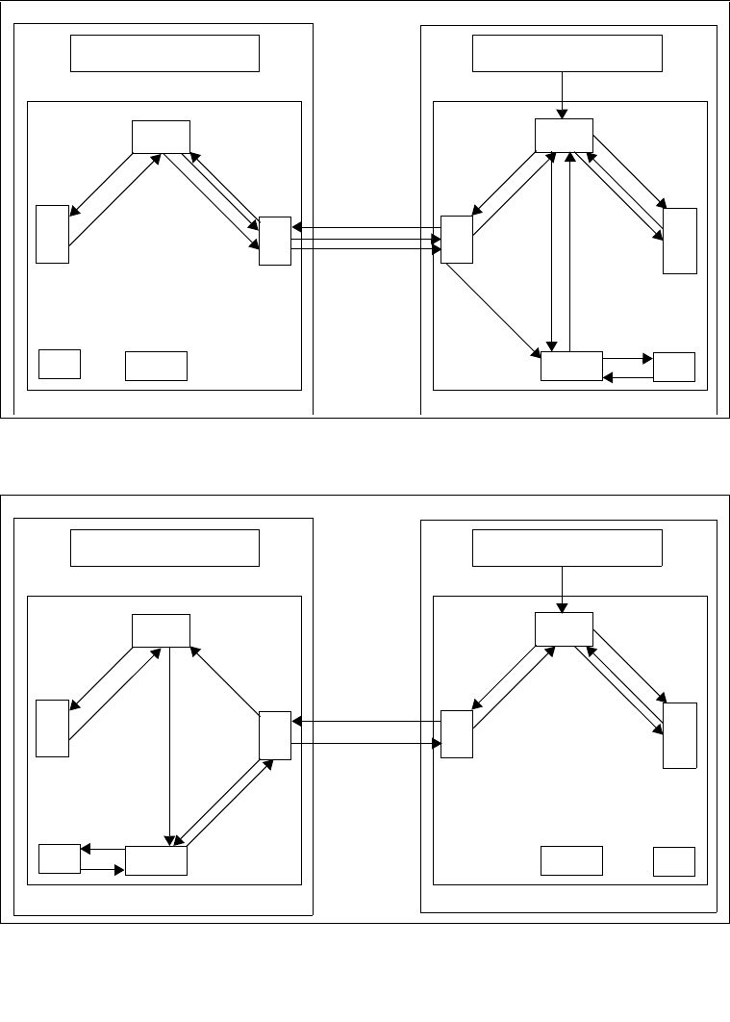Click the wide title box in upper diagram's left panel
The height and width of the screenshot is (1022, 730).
point(165,53)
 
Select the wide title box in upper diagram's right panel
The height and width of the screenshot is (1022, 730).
point(567,53)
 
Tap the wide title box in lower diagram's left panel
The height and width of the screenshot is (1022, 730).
point(165,548)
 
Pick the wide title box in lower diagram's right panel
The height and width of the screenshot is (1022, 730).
point(567,548)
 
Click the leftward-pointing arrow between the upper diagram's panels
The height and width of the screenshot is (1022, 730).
point(365,228)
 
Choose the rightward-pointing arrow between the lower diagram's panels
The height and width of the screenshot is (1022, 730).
point(365,743)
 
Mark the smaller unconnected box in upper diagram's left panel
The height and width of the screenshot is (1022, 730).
point(59,365)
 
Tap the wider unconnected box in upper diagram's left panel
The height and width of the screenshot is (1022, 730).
point(156,366)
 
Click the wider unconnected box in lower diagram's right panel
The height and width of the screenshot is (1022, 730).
point(571,860)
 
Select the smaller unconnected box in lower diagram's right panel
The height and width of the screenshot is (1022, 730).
point(673,861)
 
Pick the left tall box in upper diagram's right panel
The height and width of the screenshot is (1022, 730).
point(456,239)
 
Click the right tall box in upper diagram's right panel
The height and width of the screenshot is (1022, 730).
point(679,241)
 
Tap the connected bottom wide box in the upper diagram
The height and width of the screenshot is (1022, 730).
point(571,367)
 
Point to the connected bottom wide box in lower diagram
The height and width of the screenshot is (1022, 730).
point(156,860)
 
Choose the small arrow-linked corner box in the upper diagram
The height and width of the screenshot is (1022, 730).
point(673,367)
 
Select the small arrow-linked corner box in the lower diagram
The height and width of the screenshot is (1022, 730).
point(59,858)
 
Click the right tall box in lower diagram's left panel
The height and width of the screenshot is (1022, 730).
point(274,735)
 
